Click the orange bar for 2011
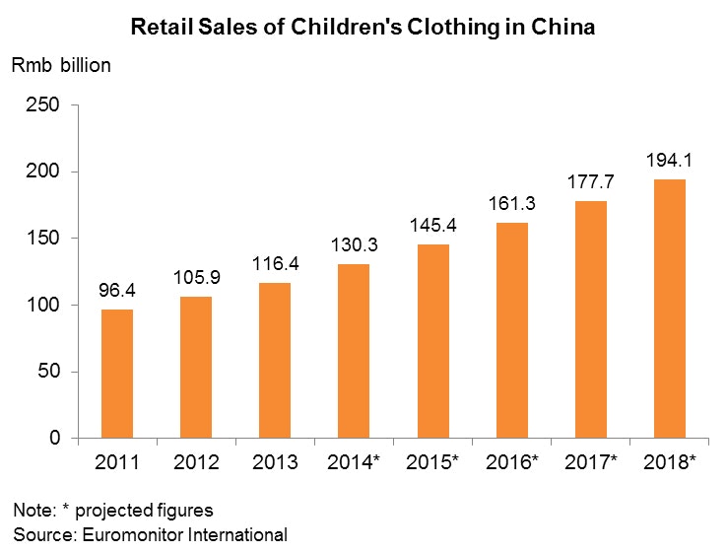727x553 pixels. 116,374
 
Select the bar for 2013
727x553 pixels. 275,360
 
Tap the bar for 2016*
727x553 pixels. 512,330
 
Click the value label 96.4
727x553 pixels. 116,292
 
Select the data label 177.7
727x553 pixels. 591,182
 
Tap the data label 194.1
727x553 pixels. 670,161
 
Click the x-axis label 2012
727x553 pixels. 195,462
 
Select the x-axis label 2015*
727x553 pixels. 433,462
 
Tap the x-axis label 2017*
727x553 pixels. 591,462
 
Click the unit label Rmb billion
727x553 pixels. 61,67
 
